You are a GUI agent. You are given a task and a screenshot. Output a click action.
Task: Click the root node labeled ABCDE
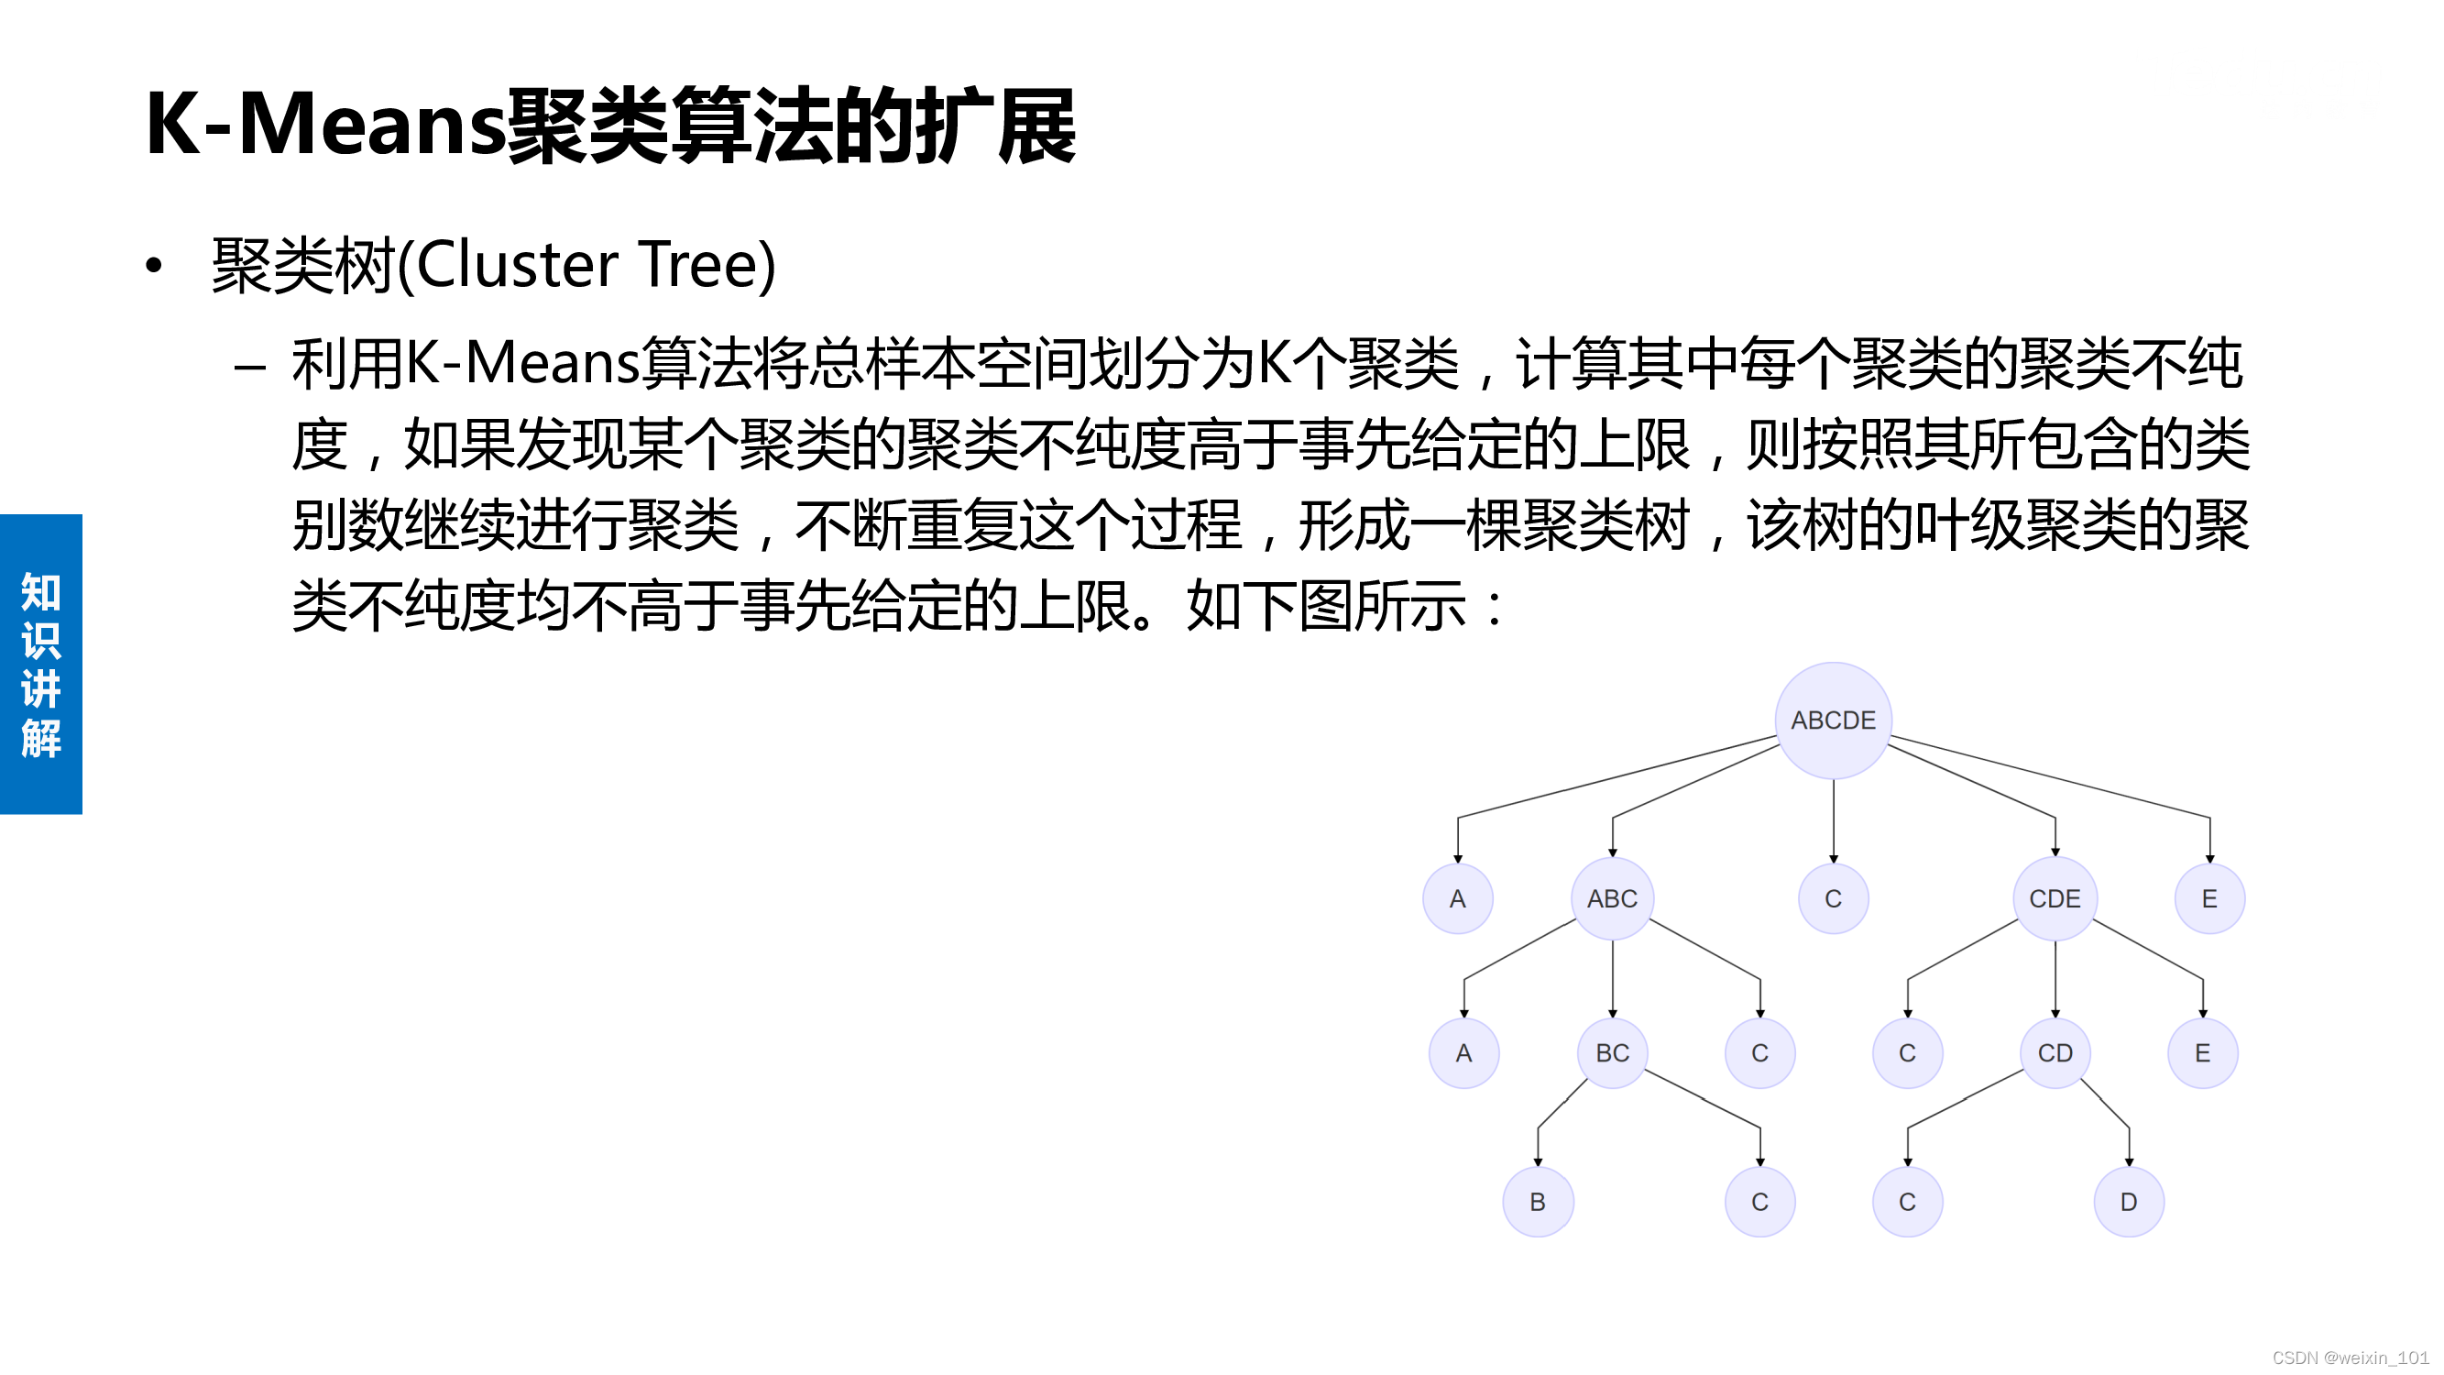click(x=1833, y=720)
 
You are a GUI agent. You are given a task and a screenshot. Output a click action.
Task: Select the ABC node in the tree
click(x=1612, y=897)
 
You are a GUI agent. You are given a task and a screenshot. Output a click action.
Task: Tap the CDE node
click(x=2054, y=897)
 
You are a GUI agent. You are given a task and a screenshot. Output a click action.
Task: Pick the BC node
click(x=1612, y=1052)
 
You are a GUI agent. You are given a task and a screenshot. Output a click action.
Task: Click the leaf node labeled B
click(x=1538, y=1202)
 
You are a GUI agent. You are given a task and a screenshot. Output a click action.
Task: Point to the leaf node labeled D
click(x=2128, y=1202)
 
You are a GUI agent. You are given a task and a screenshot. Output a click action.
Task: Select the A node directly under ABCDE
click(x=1457, y=897)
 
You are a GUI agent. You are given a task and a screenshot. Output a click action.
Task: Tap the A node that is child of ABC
click(x=1464, y=1052)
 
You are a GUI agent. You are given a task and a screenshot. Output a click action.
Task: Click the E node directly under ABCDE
click(x=2209, y=897)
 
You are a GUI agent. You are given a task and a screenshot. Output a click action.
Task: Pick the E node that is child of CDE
click(x=2202, y=1052)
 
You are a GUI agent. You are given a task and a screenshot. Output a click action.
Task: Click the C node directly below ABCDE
click(x=1833, y=897)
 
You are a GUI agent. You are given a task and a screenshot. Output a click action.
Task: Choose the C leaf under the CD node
click(x=1907, y=1202)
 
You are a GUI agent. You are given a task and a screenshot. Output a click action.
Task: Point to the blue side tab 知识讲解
click(x=41, y=664)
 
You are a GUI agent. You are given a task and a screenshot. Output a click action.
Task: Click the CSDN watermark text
click(x=2349, y=1357)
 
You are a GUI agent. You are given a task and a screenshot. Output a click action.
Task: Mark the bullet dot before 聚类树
click(x=154, y=266)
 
